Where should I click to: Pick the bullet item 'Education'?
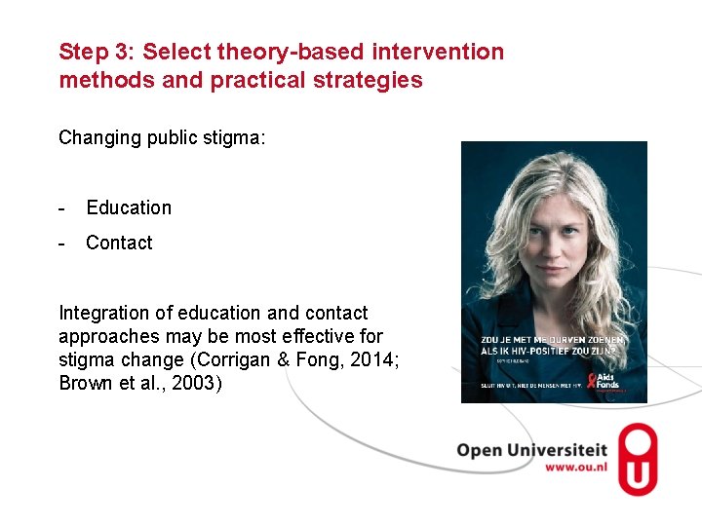[x=129, y=207]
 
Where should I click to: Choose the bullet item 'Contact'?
[x=119, y=243]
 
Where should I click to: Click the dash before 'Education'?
[x=62, y=207]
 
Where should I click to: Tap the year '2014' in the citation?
[x=375, y=359]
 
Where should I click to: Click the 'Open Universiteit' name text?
[x=531, y=450]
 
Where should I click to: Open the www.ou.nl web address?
[x=575, y=468]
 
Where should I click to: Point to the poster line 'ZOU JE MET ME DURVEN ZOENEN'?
[x=552, y=340]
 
